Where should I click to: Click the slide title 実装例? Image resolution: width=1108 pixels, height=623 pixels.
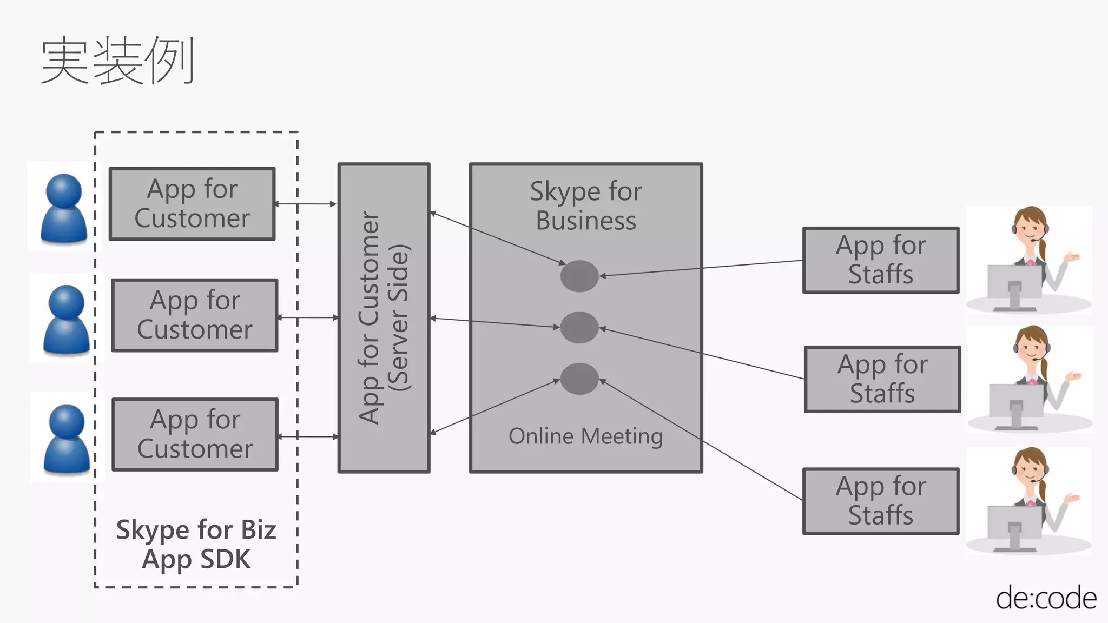click(x=117, y=60)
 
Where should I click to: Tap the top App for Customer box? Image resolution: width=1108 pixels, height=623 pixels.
click(x=192, y=204)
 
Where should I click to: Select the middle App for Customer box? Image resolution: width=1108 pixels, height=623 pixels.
click(x=195, y=315)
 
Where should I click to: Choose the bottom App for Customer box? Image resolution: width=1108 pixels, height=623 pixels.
click(x=195, y=434)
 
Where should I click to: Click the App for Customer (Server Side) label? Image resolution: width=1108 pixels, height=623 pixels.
click(x=384, y=318)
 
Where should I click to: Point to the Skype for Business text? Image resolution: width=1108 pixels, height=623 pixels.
click(x=586, y=206)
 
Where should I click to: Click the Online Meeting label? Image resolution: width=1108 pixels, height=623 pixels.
click(x=585, y=436)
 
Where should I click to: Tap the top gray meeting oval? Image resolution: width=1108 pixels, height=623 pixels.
click(x=579, y=276)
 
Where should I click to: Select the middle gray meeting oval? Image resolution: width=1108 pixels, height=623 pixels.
click(x=579, y=327)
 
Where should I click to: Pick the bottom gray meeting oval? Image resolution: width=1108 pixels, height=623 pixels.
click(x=579, y=379)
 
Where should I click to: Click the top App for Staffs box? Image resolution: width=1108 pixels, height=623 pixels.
click(x=881, y=260)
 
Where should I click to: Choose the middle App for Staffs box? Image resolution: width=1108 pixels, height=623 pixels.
click(x=882, y=379)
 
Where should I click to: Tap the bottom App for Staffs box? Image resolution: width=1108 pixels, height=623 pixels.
click(x=881, y=501)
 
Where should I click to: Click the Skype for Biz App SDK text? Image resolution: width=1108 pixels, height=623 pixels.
click(x=196, y=544)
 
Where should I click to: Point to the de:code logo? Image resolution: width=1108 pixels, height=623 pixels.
click(x=1046, y=598)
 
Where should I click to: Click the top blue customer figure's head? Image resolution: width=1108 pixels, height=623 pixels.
click(x=64, y=190)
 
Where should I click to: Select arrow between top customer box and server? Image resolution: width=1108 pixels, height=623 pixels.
click(x=306, y=204)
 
